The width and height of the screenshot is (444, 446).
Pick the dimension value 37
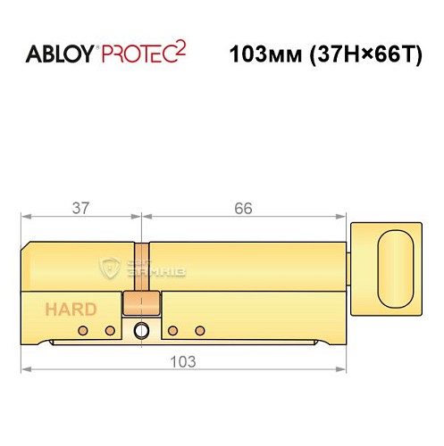tap(80, 208)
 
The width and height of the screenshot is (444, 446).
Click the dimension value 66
tap(243, 208)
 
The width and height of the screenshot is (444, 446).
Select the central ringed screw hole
tap(139, 331)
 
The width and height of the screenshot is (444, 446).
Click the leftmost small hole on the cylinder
tap(82, 331)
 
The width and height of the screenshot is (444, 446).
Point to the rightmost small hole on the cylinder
tap(197, 331)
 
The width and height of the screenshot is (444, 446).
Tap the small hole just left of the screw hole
tap(110, 331)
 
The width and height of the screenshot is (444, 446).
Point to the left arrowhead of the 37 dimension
tap(23, 216)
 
